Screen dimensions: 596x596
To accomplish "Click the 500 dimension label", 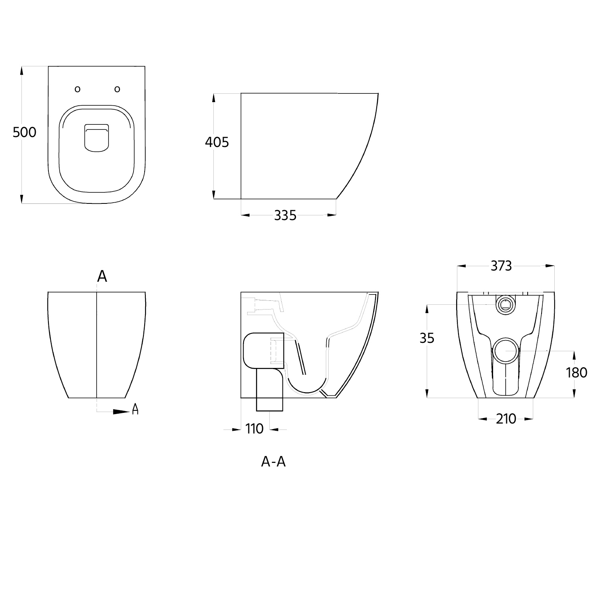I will coord(24,132).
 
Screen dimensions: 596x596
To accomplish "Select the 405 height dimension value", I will coord(217,142).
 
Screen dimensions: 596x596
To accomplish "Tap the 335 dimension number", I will coord(285,215).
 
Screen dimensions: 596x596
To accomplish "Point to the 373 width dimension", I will coord(501,266).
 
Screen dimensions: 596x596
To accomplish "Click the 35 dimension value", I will coord(427,338).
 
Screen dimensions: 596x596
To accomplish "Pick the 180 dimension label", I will coord(577,373).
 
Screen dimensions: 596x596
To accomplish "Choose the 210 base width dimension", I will coord(506,419).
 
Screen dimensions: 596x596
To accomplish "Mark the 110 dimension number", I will coord(254,429).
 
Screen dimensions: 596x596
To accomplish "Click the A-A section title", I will coord(273,462).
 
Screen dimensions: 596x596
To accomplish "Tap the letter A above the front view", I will coord(102,276).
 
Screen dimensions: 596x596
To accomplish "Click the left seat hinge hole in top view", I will coord(77,89).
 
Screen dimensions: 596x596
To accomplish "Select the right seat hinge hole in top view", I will coord(117,89).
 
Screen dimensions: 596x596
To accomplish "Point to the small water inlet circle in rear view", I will coord(505,305).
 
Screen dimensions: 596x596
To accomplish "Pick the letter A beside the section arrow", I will coord(135,409).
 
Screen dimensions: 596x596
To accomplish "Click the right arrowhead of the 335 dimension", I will coord(332,215).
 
